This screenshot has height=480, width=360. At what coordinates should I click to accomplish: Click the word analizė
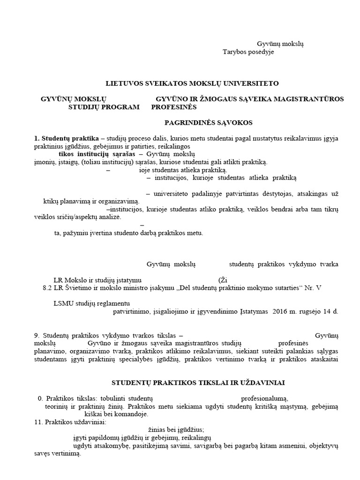(108, 217)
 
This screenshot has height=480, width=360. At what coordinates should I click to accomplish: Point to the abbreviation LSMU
(63, 303)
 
